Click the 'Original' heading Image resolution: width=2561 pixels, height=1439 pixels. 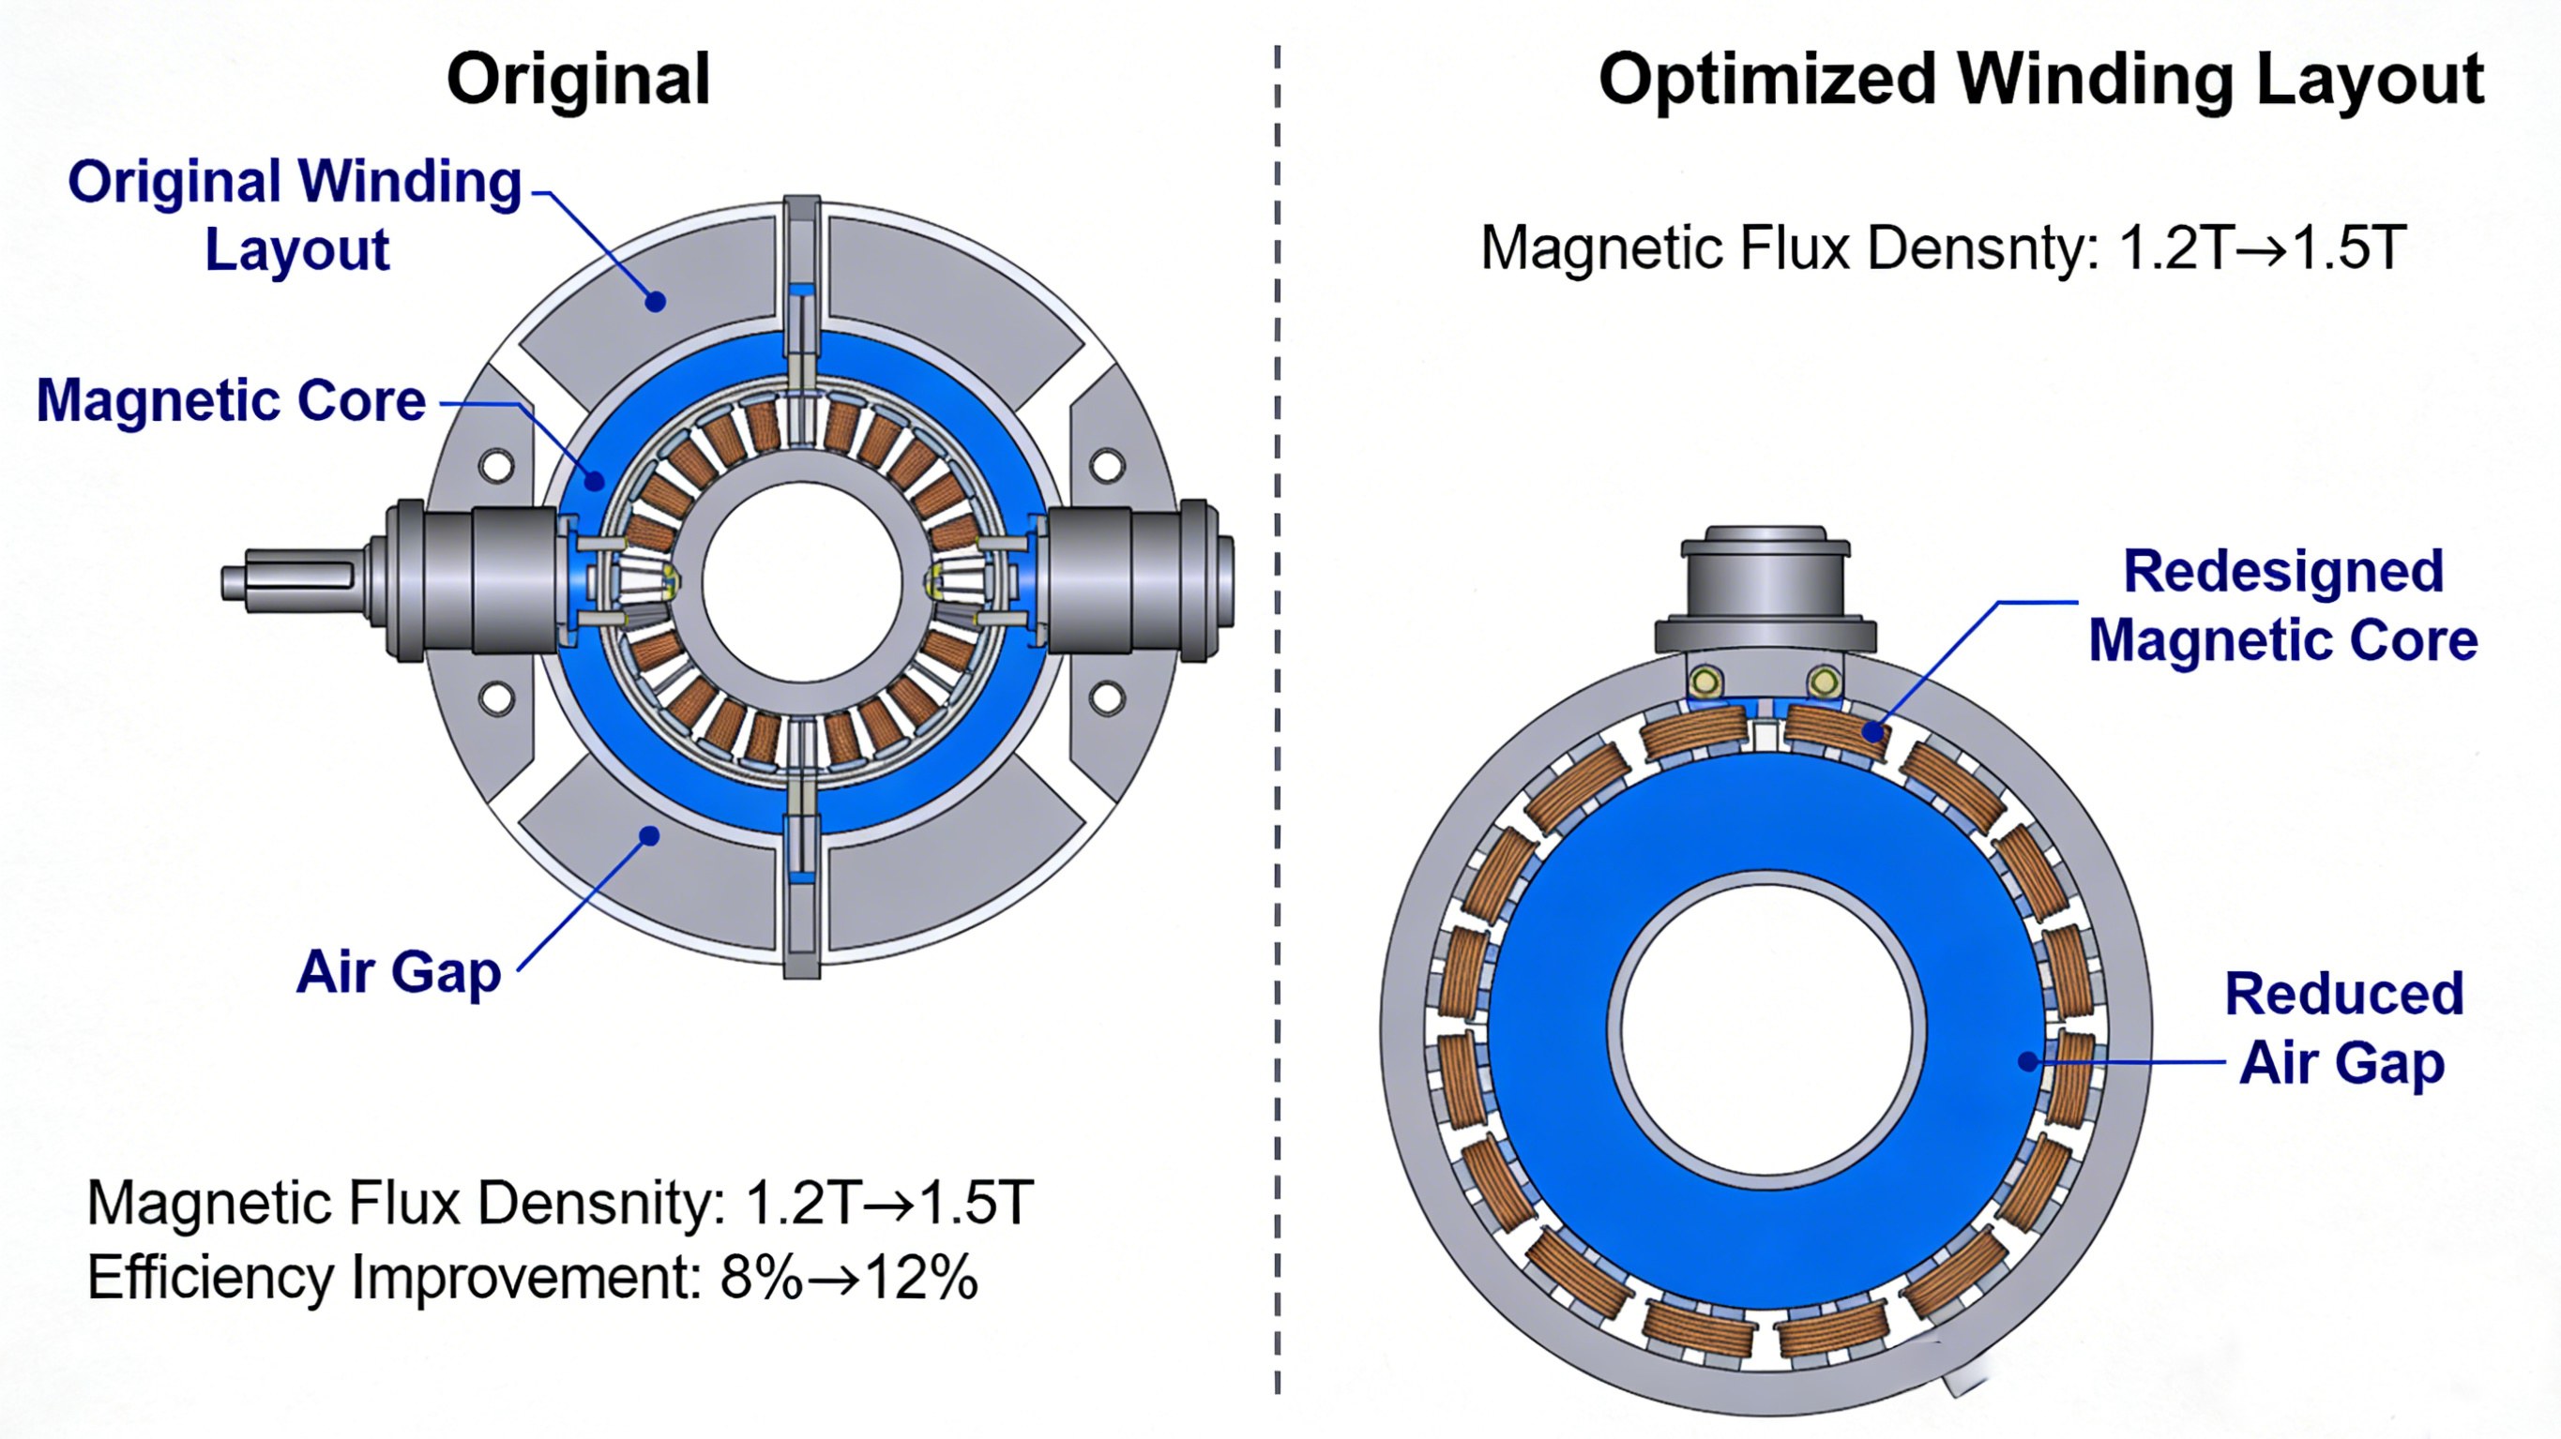point(579,80)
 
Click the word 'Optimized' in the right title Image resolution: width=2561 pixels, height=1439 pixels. point(1765,80)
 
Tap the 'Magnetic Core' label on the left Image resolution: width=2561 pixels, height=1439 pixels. point(231,400)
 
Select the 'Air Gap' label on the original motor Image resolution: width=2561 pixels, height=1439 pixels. point(399,971)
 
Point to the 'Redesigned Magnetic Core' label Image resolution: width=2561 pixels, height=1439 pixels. point(2282,606)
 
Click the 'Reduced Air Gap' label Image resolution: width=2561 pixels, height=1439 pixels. point(2343,1027)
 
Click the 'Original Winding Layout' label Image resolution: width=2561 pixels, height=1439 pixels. point(295,215)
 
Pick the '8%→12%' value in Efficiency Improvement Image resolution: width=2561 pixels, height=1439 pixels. point(849,1277)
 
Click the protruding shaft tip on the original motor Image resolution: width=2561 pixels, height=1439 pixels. point(238,582)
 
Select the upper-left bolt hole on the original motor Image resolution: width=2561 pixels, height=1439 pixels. point(496,465)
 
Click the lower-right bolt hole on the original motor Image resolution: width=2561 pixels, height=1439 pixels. point(1108,697)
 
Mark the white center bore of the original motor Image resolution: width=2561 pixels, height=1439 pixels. point(801,582)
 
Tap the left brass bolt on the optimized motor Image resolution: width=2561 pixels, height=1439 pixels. point(1706,682)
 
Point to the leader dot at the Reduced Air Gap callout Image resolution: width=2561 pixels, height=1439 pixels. point(2029,1061)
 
